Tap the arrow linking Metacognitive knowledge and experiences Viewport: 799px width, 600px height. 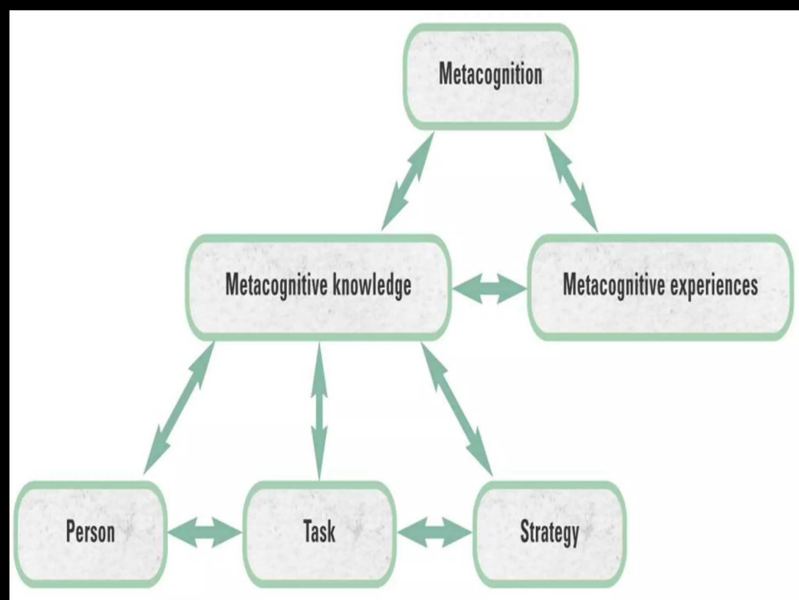(x=490, y=289)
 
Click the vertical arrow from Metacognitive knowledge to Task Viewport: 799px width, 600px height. (x=320, y=410)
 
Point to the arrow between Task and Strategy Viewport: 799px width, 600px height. (x=435, y=532)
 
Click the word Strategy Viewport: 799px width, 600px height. (x=549, y=533)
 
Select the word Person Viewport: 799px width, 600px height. (x=91, y=532)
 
